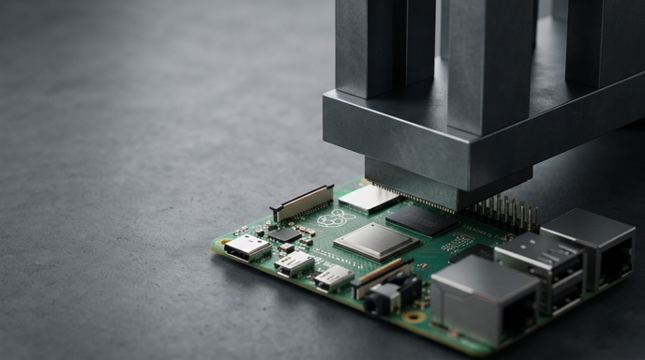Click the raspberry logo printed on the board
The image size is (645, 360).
click(x=335, y=218)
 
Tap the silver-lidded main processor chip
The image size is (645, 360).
click(x=375, y=241)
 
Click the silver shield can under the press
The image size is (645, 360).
click(x=368, y=198)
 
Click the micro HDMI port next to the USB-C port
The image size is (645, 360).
click(x=294, y=263)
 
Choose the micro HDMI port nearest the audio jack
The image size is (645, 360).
click(x=332, y=277)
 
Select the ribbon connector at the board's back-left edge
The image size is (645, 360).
click(x=302, y=202)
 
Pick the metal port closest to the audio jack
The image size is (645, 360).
click(x=483, y=298)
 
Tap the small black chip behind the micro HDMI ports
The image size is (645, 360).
click(x=284, y=233)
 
